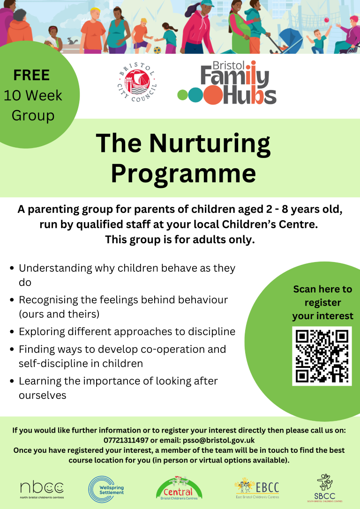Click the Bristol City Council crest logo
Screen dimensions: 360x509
pos(137,82)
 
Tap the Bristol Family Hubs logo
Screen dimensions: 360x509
pos(227,83)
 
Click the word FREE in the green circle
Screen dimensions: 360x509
pos(31,75)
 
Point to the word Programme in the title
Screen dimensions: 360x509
pos(184,174)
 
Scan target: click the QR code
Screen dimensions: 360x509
pos(322,356)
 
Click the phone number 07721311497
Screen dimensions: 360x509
pos(126,440)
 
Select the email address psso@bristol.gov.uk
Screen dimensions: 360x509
pos(219,440)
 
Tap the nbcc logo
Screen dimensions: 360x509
pos(42,490)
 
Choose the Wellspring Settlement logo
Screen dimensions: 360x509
pos(106,490)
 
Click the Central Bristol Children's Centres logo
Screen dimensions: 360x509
pos(179,488)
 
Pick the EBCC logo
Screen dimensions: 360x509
pos(257,488)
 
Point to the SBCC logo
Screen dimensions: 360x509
pos(325,488)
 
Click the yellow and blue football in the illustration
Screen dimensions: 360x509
pos(157,50)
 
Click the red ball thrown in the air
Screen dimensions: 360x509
pos(327,20)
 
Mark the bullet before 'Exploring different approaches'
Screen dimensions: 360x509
pos(12,332)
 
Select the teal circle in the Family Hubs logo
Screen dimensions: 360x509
pos(195,95)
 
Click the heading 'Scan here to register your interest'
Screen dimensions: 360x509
pos(322,303)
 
